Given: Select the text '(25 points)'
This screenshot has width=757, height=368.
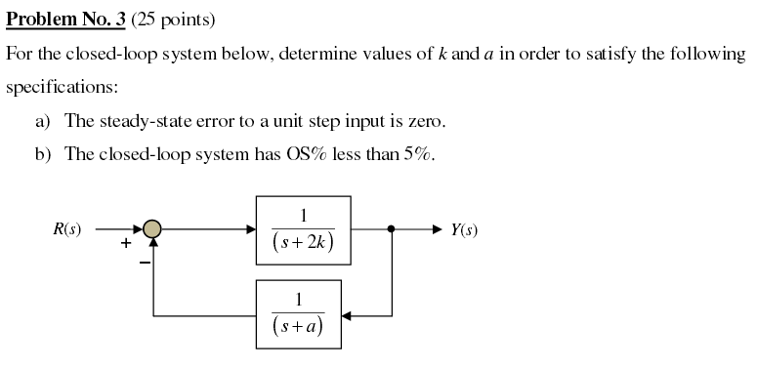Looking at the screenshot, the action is (x=167, y=19).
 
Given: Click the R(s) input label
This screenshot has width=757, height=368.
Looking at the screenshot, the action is (x=67, y=230).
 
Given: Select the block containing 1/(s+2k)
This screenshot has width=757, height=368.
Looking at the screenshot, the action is (x=303, y=229).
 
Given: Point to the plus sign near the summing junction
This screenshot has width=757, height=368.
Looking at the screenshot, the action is (x=126, y=245).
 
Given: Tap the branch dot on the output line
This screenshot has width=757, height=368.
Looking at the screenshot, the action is (x=392, y=229).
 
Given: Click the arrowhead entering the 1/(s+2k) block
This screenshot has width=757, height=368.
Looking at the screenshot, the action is (x=250, y=229).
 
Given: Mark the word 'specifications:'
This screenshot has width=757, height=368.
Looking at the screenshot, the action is (x=62, y=87).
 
